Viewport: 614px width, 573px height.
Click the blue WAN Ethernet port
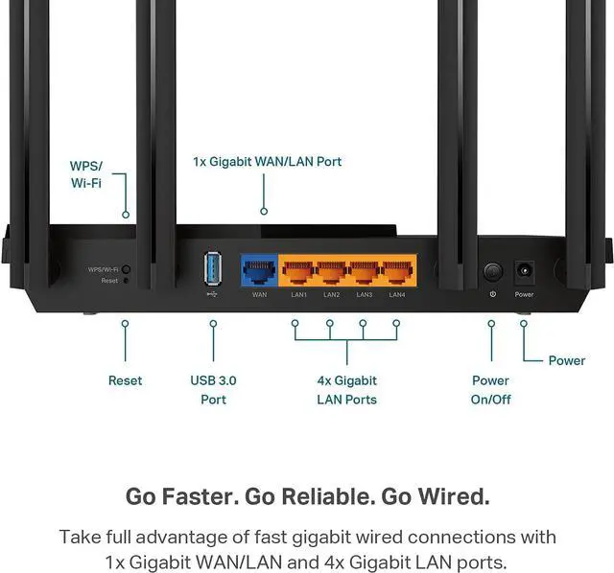259,270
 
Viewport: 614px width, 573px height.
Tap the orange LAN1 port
298,270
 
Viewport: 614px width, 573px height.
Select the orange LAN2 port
331,270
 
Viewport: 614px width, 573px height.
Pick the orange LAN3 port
365,270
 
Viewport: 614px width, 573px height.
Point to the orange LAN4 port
397,270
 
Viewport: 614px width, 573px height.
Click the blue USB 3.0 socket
212,267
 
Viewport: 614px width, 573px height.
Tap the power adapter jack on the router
524,271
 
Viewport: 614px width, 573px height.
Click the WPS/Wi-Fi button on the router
126,270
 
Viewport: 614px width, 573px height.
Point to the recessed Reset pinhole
126,281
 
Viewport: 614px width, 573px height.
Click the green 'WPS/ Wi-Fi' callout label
86,173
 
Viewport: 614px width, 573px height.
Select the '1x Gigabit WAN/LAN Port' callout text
267,161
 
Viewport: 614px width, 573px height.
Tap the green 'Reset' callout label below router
125,380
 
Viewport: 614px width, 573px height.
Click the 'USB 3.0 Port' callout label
213,389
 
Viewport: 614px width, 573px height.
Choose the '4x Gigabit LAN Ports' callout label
346,389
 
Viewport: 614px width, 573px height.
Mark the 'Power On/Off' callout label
490,389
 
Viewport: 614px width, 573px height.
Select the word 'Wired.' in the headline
457,496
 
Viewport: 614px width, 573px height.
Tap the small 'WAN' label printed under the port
259,294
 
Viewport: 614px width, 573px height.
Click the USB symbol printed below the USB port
212,293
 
